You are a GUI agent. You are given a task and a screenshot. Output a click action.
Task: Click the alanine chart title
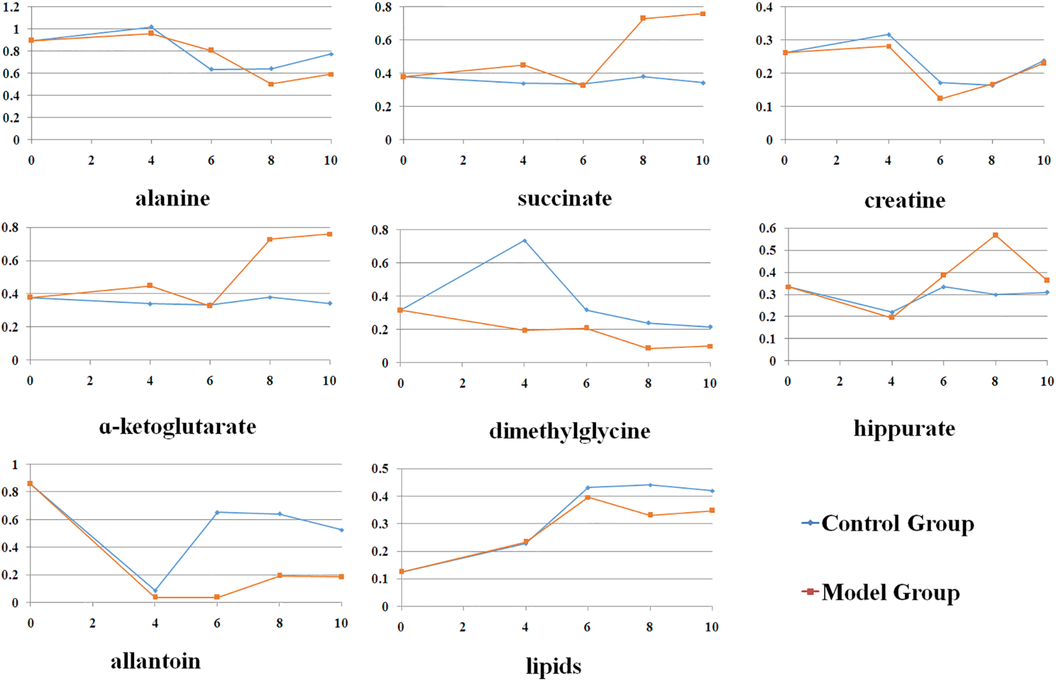coord(172,199)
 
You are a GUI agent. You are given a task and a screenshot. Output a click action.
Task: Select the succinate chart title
coord(565,199)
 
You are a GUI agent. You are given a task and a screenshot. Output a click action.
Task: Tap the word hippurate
coord(904,428)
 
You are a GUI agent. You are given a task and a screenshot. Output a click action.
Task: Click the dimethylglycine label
coord(569,431)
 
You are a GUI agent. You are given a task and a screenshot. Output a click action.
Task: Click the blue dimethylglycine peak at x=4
coord(525,241)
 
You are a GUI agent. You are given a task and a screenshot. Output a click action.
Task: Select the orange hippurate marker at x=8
coord(996,235)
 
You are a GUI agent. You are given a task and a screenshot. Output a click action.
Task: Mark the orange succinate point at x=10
coord(703,14)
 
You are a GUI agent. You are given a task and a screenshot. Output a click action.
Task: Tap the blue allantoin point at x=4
coord(155,591)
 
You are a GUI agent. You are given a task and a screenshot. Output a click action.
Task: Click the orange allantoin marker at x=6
coord(217,597)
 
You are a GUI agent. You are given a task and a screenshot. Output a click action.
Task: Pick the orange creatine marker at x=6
coord(940,98)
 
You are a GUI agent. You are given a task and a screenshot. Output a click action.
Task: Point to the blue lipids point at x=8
coord(650,485)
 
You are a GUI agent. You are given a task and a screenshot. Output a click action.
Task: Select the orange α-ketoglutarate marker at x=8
coord(270,239)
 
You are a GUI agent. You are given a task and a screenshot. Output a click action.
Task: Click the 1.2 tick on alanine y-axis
coord(11,7)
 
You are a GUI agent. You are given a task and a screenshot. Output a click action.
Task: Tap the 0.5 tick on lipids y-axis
coord(380,469)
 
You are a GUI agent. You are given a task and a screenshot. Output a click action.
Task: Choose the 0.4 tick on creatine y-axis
coord(764,7)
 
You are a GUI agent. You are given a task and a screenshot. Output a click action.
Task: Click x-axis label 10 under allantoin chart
coord(340,624)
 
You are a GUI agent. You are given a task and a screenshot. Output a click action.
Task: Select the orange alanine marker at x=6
coord(211,50)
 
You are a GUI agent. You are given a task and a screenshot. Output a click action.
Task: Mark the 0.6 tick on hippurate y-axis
coord(768,228)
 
